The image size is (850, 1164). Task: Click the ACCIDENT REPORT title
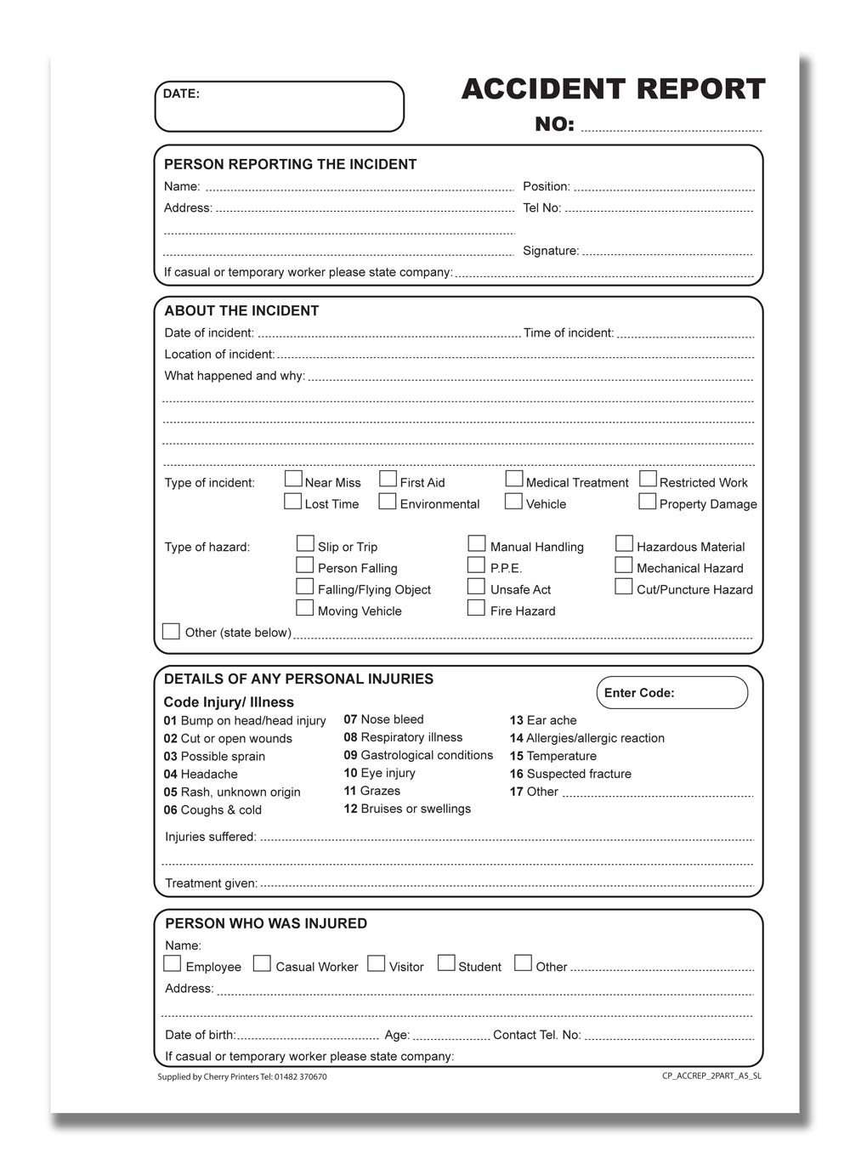click(x=613, y=89)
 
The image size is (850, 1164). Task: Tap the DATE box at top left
click(x=279, y=106)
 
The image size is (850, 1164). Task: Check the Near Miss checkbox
click(x=293, y=480)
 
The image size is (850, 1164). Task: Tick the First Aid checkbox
click(x=388, y=480)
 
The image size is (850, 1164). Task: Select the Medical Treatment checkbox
click(x=514, y=480)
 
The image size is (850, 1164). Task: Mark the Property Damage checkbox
click(x=648, y=502)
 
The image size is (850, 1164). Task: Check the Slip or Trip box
click(x=305, y=543)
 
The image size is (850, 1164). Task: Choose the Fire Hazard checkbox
click(x=477, y=608)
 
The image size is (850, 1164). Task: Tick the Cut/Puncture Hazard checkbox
click(x=624, y=587)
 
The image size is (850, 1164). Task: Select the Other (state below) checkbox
click(x=171, y=631)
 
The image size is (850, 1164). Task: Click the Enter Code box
click(x=671, y=693)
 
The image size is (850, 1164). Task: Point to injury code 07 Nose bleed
click(x=383, y=719)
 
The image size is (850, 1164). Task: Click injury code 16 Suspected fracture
click(x=570, y=774)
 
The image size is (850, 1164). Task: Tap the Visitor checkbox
click(x=376, y=963)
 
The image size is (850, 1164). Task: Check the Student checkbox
click(x=446, y=963)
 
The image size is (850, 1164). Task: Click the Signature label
click(x=551, y=251)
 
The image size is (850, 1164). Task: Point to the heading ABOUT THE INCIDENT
click(x=241, y=311)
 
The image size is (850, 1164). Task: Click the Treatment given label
click(x=211, y=883)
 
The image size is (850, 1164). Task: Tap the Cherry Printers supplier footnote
click(x=242, y=1077)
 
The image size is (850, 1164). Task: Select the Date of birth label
click(x=200, y=1035)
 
